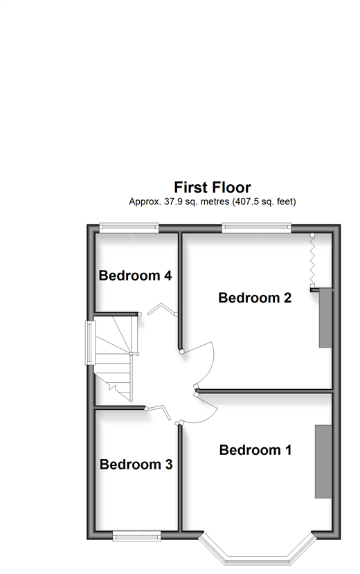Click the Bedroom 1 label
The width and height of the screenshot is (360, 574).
coord(255,449)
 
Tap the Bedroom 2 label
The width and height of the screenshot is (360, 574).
coord(255,298)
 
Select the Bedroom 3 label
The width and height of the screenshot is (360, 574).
coord(136,464)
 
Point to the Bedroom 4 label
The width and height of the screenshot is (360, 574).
coord(135,276)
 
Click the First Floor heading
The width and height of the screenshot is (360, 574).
coord(213,187)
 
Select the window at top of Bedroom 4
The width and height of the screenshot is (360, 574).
coord(129,228)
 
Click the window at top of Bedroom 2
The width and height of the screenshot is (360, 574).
coord(256,228)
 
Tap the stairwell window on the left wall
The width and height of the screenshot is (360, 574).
coord(90,343)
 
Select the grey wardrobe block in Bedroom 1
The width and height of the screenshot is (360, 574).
coord(323,461)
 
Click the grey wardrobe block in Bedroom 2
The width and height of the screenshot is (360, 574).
coord(325,318)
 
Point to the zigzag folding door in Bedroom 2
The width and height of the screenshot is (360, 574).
coord(312,260)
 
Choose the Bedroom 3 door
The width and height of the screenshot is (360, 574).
coord(159,411)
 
